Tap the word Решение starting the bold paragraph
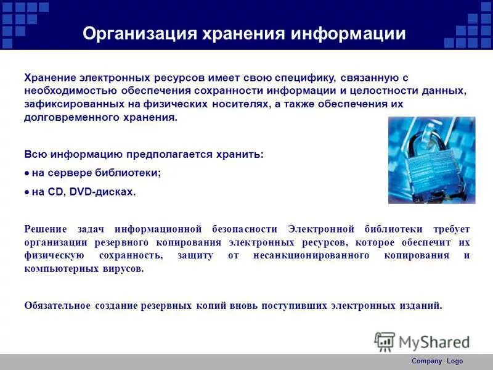click(43, 229)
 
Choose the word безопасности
click(246, 229)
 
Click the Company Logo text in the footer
click(437, 361)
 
